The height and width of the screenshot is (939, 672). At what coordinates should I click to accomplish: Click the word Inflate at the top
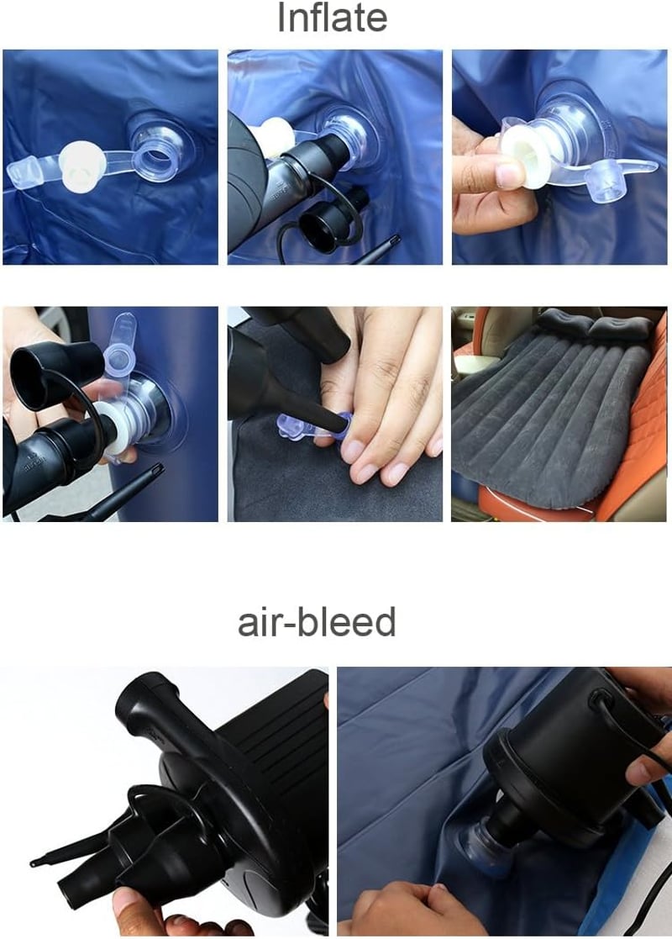tap(332, 18)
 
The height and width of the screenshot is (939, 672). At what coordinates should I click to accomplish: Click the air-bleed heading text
tap(318, 621)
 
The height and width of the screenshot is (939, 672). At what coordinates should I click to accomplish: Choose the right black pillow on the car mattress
tap(622, 328)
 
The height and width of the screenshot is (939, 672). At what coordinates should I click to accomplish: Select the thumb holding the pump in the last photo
tap(646, 768)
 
